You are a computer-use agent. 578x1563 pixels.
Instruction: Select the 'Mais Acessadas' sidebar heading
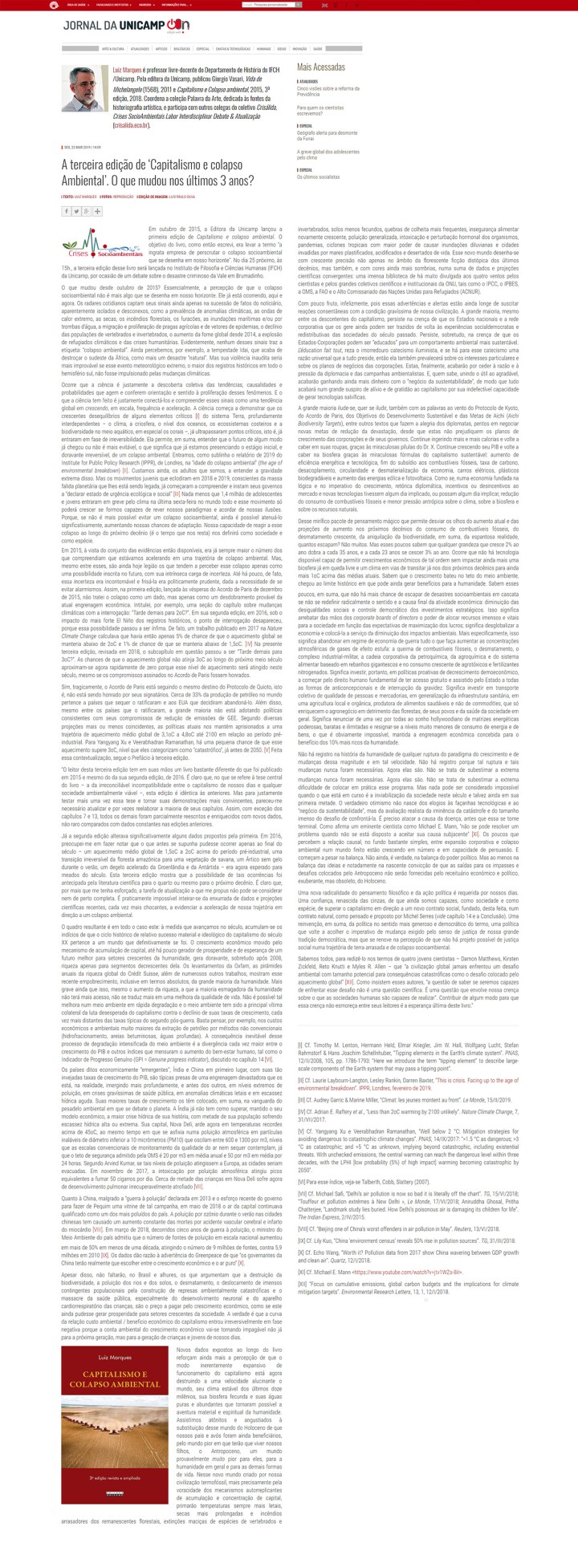point(321,67)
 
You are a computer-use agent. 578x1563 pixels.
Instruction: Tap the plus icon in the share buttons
point(96,211)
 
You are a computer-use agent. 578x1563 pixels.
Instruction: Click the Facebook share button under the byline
point(67,211)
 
